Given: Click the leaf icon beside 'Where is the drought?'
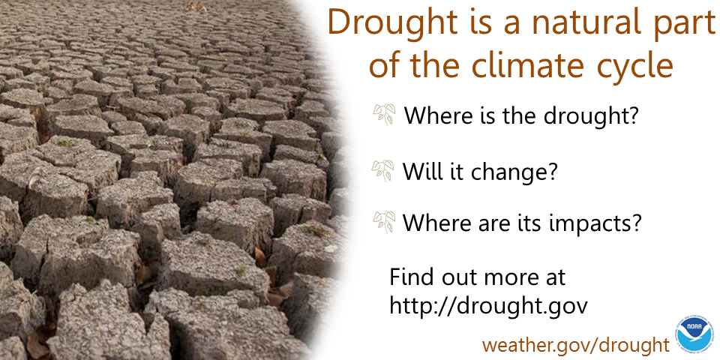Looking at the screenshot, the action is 384,114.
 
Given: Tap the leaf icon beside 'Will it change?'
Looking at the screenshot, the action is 383,170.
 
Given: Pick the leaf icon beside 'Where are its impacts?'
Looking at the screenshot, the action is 384,222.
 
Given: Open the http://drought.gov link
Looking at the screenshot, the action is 488,305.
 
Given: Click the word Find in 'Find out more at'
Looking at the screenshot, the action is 412,277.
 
